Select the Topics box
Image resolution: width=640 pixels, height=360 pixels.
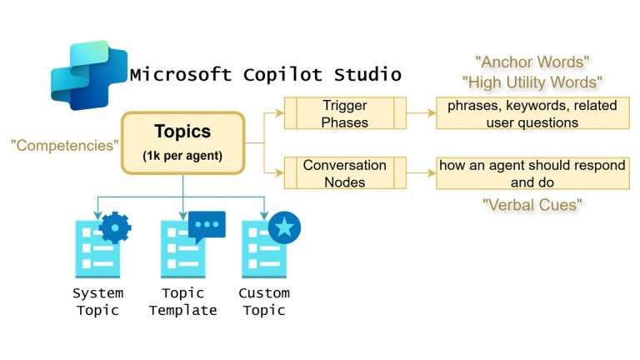point(182,142)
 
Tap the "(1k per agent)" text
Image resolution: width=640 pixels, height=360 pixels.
point(182,155)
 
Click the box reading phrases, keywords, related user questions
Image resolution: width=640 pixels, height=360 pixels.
point(530,113)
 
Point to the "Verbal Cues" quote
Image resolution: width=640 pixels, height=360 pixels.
point(531,204)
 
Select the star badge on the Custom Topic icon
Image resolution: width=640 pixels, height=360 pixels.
point(284,227)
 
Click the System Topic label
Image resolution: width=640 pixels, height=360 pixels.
point(97,302)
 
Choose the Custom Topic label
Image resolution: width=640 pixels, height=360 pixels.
point(264,302)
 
